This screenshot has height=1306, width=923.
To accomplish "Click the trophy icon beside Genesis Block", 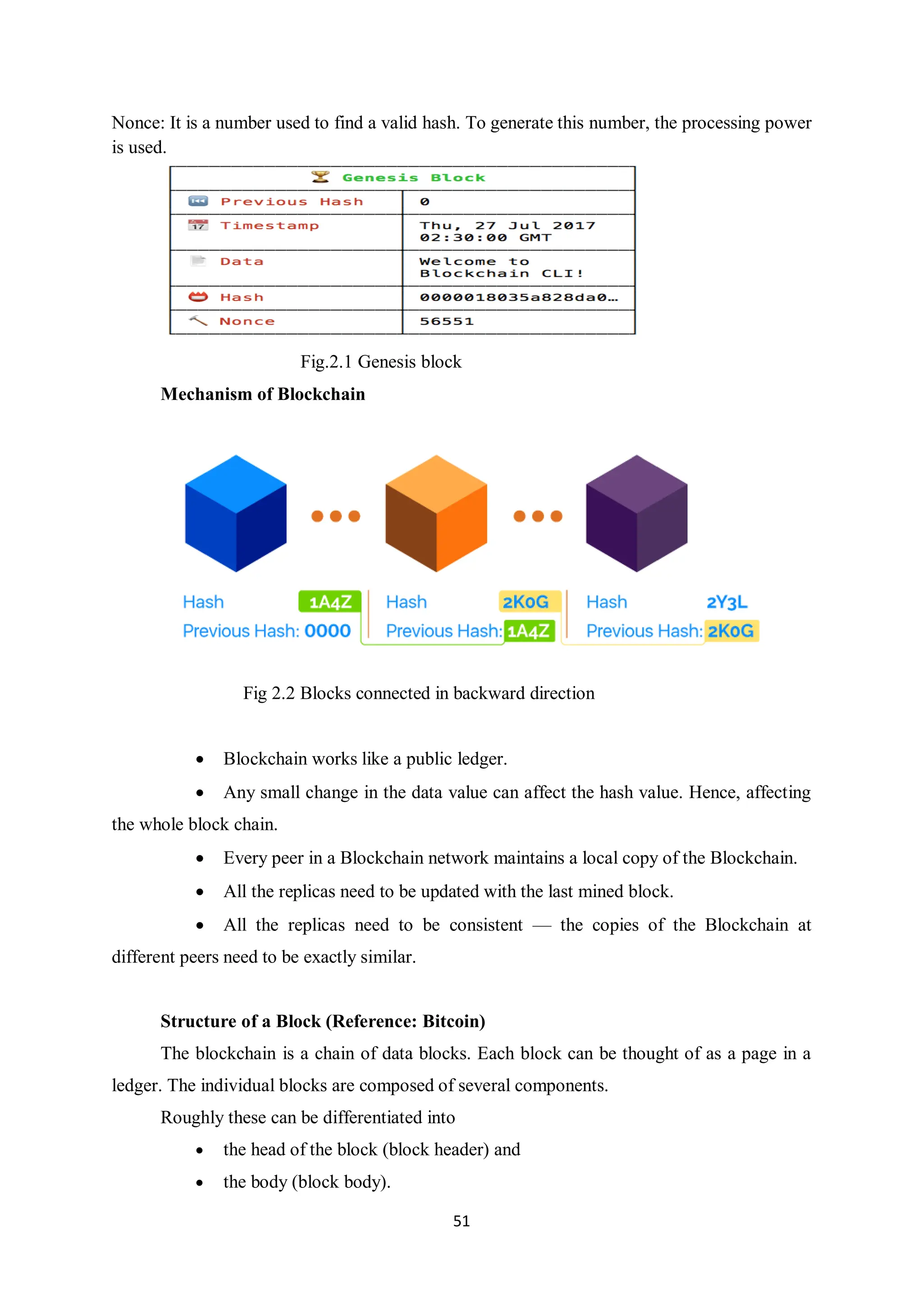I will pyautogui.click(x=320, y=177).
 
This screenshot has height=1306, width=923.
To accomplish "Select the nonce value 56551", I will pyautogui.click(x=447, y=321).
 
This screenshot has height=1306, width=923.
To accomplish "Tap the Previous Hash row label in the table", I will pyautogui.click(x=292, y=202).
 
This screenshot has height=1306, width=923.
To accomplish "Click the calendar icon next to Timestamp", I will pyautogui.click(x=198, y=225).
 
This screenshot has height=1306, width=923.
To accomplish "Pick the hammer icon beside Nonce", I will pyautogui.click(x=198, y=321).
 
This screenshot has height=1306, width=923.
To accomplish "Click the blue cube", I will pyautogui.click(x=235, y=513).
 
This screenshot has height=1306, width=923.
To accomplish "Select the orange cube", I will pyautogui.click(x=436, y=513).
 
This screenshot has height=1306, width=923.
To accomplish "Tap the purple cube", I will pyautogui.click(x=636, y=513).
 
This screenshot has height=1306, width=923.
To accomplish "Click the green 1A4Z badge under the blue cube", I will pyautogui.click(x=330, y=602).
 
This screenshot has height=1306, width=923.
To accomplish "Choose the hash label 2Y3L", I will pyautogui.click(x=727, y=602).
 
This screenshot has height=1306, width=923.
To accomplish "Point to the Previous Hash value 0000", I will pyautogui.click(x=328, y=631).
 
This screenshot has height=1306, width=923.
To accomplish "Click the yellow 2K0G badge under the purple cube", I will pyautogui.click(x=731, y=631).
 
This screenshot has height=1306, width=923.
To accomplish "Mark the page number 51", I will pyautogui.click(x=461, y=1221).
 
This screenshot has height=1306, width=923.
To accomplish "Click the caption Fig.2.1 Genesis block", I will pyautogui.click(x=380, y=362).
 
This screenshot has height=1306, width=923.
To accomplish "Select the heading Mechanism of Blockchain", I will pyautogui.click(x=263, y=394).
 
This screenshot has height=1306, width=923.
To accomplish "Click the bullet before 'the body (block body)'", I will pyautogui.click(x=200, y=1182).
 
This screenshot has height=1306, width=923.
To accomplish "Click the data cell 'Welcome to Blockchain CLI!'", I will pyautogui.click(x=501, y=267).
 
